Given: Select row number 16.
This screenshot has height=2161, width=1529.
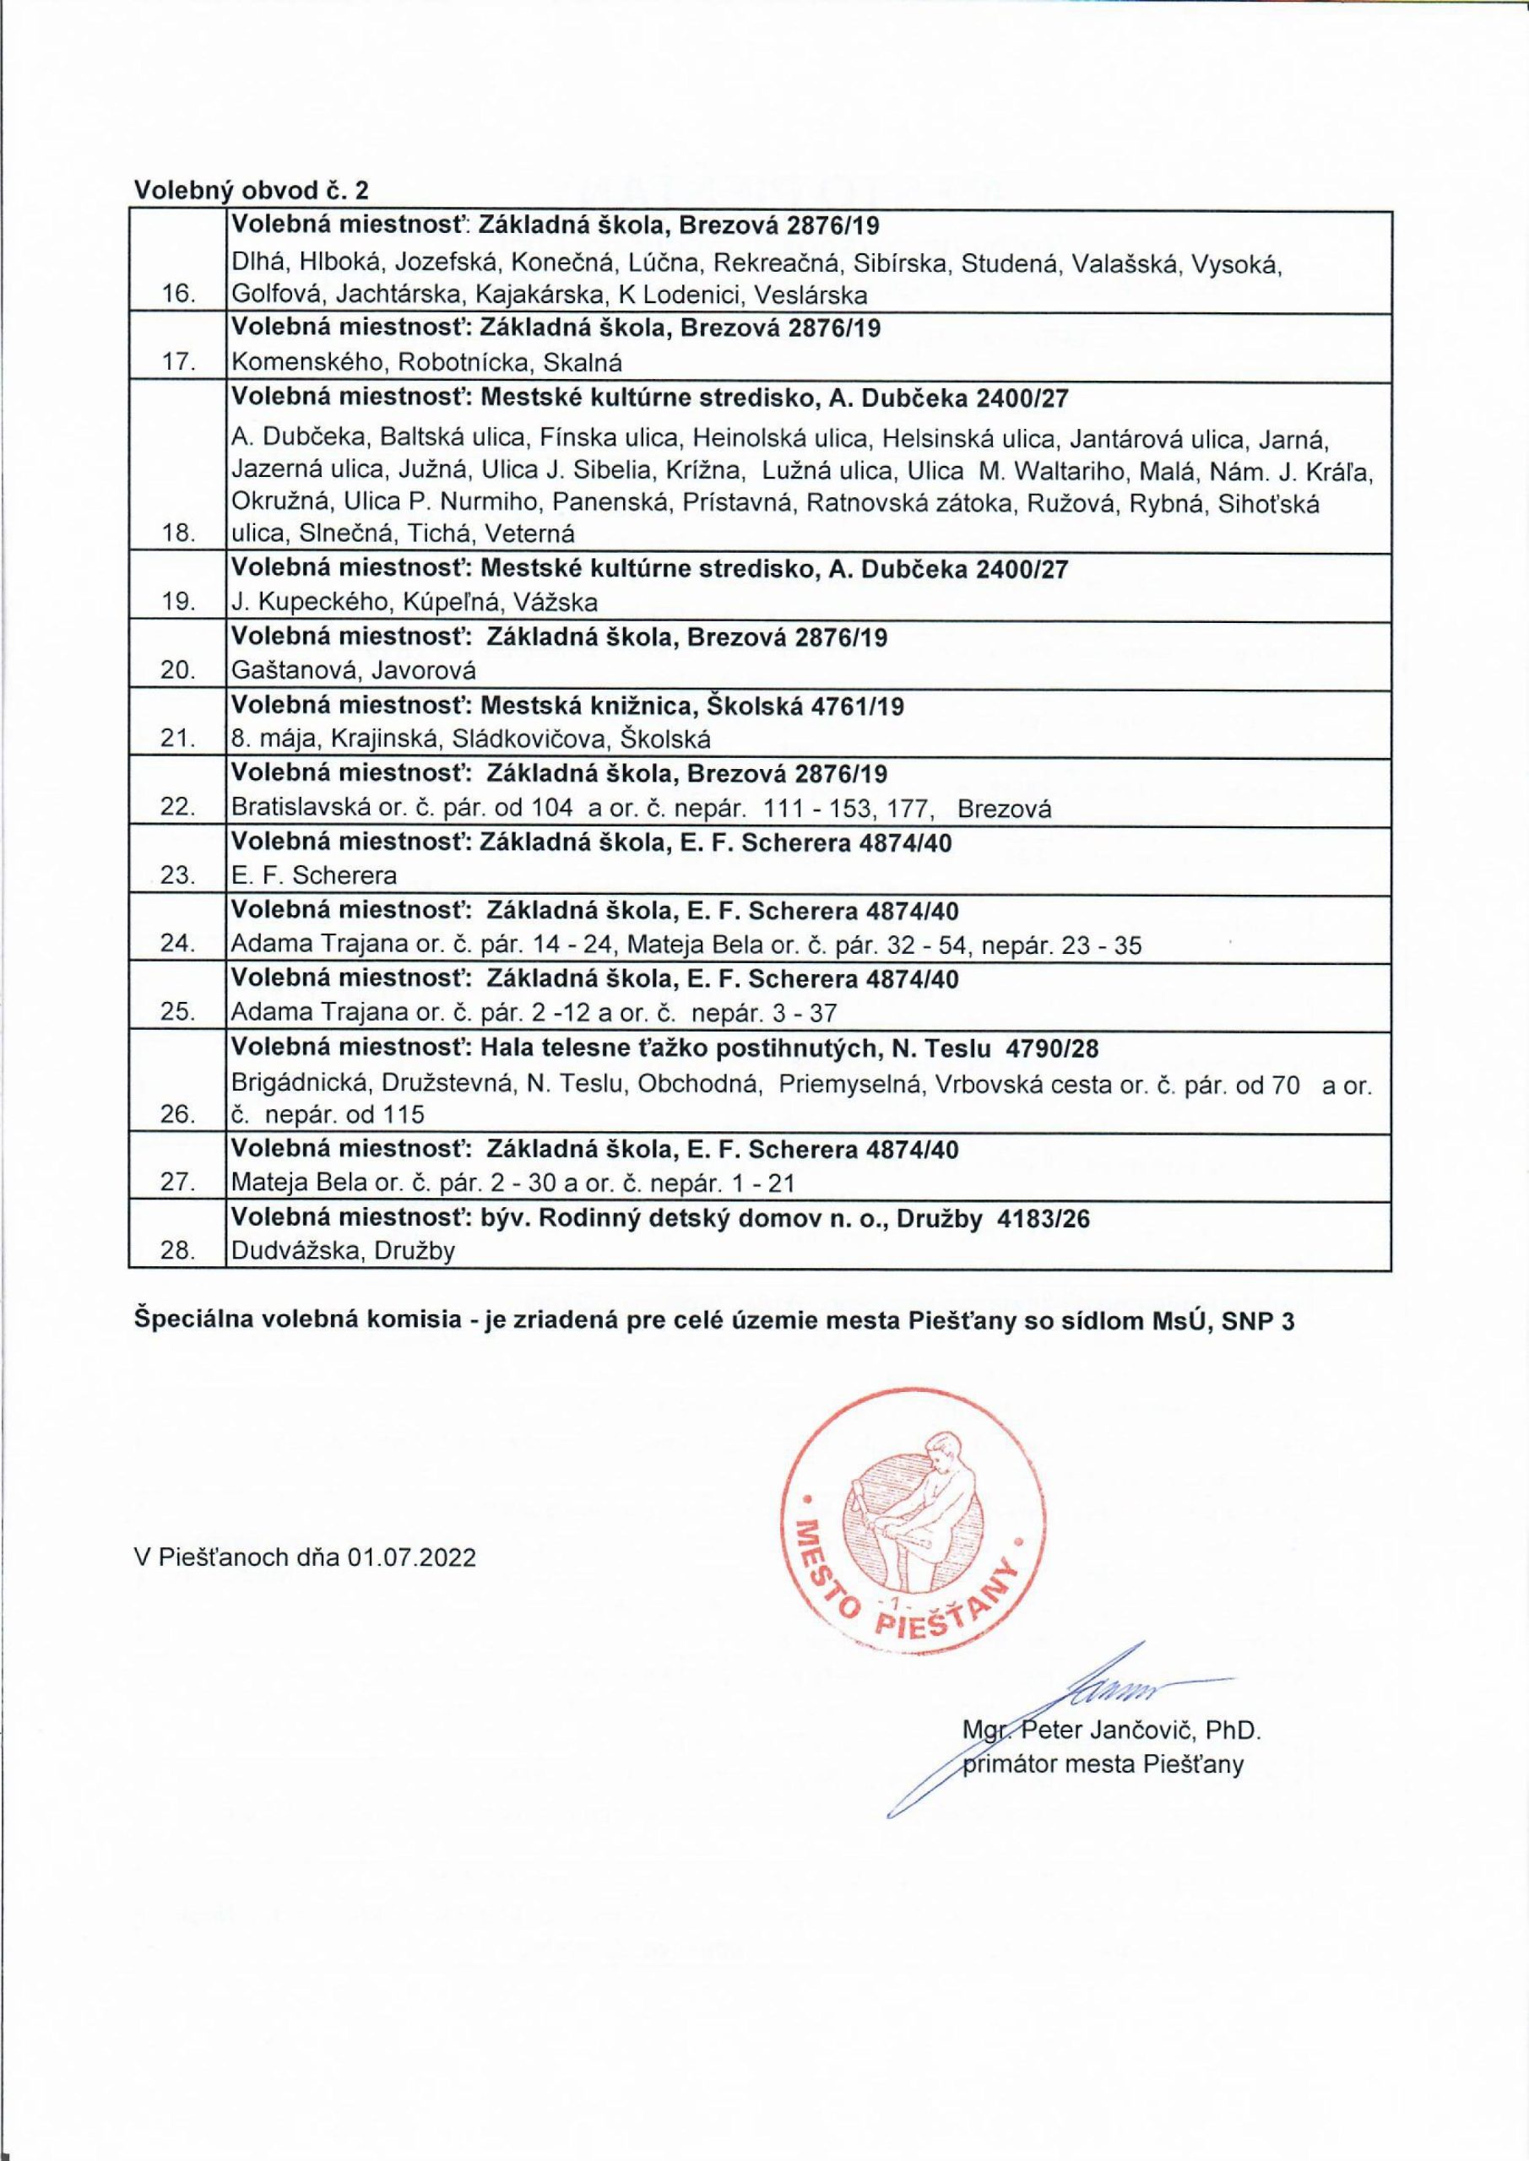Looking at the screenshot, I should click(x=178, y=295).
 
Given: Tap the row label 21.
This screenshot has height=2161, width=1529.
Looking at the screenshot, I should click(x=178, y=739).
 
